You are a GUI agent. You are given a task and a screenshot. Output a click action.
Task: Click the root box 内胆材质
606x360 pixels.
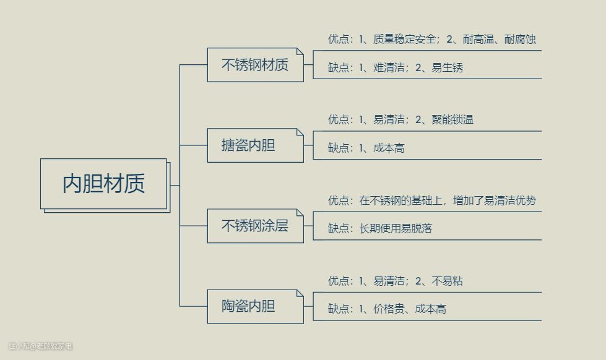tap(103, 184)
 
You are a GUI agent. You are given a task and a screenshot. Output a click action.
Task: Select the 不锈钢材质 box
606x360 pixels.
tap(255, 65)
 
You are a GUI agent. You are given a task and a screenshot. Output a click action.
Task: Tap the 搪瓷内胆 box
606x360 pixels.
tap(255, 145)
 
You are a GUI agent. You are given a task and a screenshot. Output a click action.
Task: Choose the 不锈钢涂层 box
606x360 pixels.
tap(255, 226)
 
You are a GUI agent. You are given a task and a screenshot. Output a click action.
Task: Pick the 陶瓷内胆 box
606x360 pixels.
tap(255, 306)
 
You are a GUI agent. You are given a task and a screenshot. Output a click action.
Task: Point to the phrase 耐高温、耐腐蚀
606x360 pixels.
tap(500, 40)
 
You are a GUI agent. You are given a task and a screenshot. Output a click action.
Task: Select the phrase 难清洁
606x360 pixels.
tap(389, 68)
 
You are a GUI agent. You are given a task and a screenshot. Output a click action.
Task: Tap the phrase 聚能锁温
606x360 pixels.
tap(452, 120)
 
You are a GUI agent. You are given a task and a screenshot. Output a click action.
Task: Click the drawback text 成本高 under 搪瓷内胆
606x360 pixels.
tap(389, 148)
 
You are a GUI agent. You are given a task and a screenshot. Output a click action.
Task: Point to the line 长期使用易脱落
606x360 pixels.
tap(396, 229)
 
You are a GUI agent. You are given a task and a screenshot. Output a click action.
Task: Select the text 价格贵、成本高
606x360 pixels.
tap(410, 309)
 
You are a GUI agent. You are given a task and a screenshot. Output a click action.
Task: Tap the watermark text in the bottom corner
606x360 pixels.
tap(40, 346)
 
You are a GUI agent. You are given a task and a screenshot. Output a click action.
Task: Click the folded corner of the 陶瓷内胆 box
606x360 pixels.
tap(300, 293)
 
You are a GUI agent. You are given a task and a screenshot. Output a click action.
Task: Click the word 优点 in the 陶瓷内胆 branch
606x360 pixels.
tap(339, 281)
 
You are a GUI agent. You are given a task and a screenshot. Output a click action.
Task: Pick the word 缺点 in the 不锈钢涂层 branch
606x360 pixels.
tap(339, 229)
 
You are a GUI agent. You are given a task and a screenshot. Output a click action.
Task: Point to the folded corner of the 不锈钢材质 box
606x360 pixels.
tap(300, 51)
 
